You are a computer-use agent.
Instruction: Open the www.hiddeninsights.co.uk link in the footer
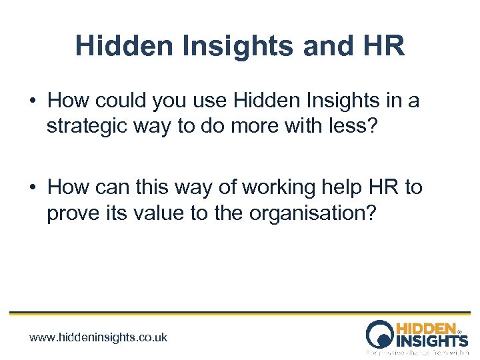click(x=99, y=337)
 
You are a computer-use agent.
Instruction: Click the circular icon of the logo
click(x=380, y=333)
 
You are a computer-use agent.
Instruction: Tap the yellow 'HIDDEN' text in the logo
click(x=426, y=329)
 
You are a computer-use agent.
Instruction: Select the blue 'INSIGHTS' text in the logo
click(x=432, y=341)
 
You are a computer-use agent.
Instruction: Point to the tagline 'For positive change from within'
click(x=417, y=351)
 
